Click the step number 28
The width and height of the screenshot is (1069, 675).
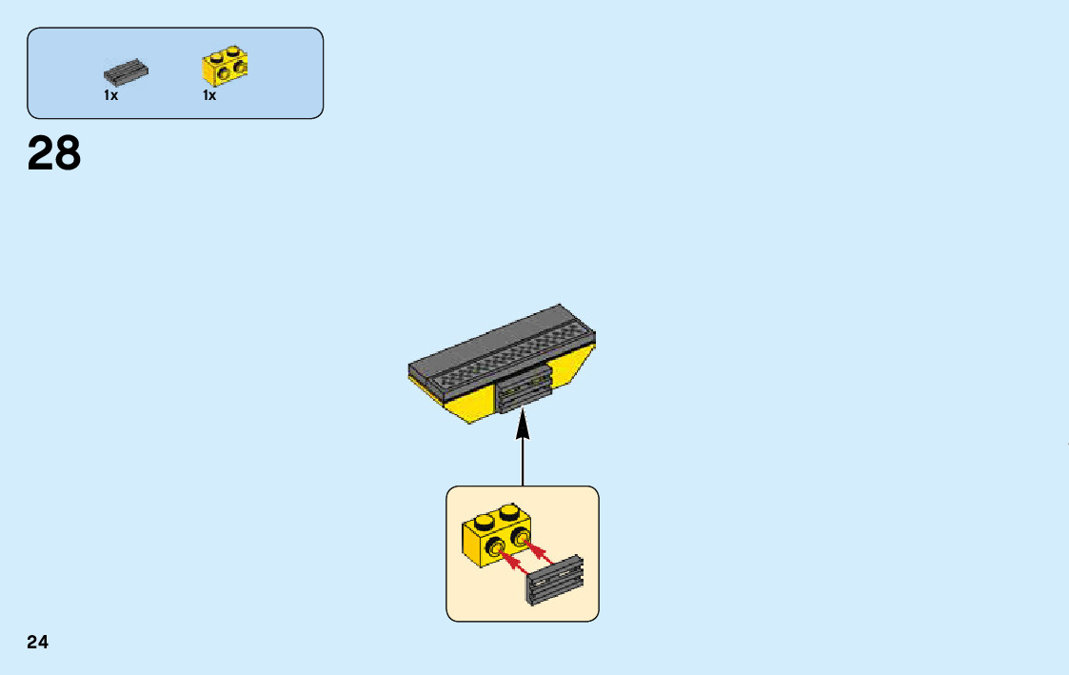[x=54, y=153]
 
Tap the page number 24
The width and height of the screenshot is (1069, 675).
[x=37, y=643]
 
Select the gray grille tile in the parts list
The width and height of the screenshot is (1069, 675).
[x=126, y=72]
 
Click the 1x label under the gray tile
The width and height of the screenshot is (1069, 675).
[x=111, y=96]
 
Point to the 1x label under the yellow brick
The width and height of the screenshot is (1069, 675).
[x=209, y=96]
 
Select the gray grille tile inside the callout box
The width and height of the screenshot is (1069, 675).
[x=555, y=580]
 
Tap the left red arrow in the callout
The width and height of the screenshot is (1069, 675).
[x=514, y=566]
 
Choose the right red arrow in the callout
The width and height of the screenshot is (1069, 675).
[x=543, y=552]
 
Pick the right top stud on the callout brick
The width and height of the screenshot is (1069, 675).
[x=509, y=510]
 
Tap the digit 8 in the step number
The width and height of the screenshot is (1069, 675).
[x=68, y=153]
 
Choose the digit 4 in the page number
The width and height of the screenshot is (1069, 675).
[x=43, y=643]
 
